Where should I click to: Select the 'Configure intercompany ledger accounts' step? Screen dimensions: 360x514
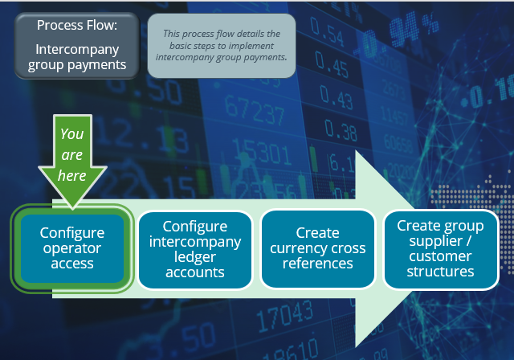click(x=194, y=249)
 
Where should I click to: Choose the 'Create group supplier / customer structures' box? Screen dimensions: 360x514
click(x=440, y=248)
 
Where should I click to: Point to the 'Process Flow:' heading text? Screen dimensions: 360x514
click(x=77, y=26)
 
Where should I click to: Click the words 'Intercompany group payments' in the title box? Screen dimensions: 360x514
click(x=77, y=56)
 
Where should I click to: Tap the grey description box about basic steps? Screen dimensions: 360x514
click(x=222, y=46)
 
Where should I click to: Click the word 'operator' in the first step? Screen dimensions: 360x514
click(x=72, y=247)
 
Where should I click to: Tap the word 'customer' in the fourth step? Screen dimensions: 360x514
click(x=441, y=256)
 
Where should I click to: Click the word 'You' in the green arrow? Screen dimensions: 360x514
click(x=72, y=133)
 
